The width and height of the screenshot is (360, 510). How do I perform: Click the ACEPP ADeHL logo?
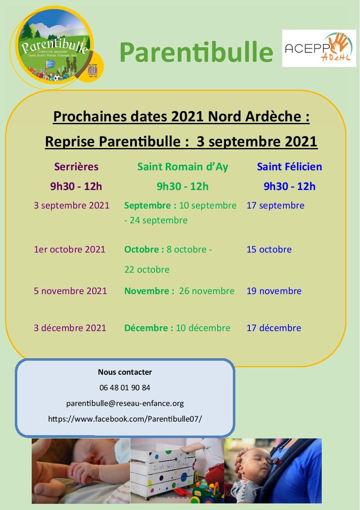point(319,49)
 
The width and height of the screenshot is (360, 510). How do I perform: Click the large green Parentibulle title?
point(196,52)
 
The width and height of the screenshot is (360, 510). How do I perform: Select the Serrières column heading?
point(77,167)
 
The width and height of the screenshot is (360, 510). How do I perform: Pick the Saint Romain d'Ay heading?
point(183,167)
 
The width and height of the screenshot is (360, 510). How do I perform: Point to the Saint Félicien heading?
point(289,167)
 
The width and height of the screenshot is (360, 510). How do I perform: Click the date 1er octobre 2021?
point(70,249)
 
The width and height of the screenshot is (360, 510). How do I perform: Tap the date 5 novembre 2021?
point(70,291)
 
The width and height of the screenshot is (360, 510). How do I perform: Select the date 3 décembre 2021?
point(70,328)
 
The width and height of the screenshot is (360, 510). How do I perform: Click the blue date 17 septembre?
point(275,205)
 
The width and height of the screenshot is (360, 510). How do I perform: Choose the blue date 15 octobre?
point(269,249)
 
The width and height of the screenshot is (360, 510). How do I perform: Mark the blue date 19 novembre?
point(274,291)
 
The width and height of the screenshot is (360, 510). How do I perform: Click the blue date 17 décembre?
point(274,328)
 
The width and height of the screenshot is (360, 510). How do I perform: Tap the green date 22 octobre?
point(147,269)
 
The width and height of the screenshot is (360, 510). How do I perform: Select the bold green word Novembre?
point(146,291)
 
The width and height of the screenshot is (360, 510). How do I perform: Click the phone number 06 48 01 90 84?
point(125,387)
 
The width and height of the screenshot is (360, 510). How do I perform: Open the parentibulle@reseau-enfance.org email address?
point(125,403)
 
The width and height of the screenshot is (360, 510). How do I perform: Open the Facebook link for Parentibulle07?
point(125,419)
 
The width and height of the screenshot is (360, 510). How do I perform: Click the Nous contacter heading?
point(125,372)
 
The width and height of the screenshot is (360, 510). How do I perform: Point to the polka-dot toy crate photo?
point(177,471)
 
